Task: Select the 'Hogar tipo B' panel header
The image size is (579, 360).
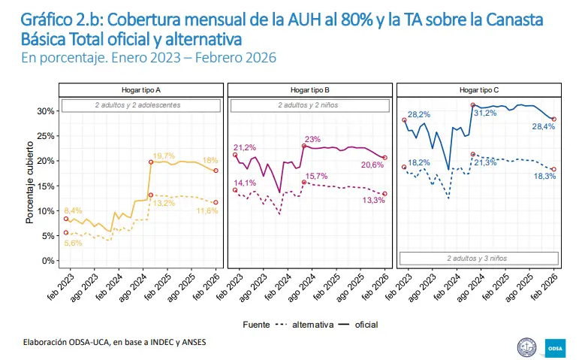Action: pos(310,90)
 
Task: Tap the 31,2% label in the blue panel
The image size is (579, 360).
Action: pos(485,113)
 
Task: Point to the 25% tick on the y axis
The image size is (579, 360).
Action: pos(44,136)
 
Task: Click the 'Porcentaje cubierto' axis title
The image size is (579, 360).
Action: pos(30,186)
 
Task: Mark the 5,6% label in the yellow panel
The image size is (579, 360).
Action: pos(73,244)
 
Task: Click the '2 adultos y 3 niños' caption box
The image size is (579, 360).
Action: pos(478,259)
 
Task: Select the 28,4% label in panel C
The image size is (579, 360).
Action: pos(543,126)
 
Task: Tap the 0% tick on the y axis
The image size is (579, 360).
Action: pos(47,261)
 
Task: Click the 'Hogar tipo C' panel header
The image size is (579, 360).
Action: pos(478,90)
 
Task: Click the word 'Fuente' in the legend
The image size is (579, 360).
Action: pos(256,325)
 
